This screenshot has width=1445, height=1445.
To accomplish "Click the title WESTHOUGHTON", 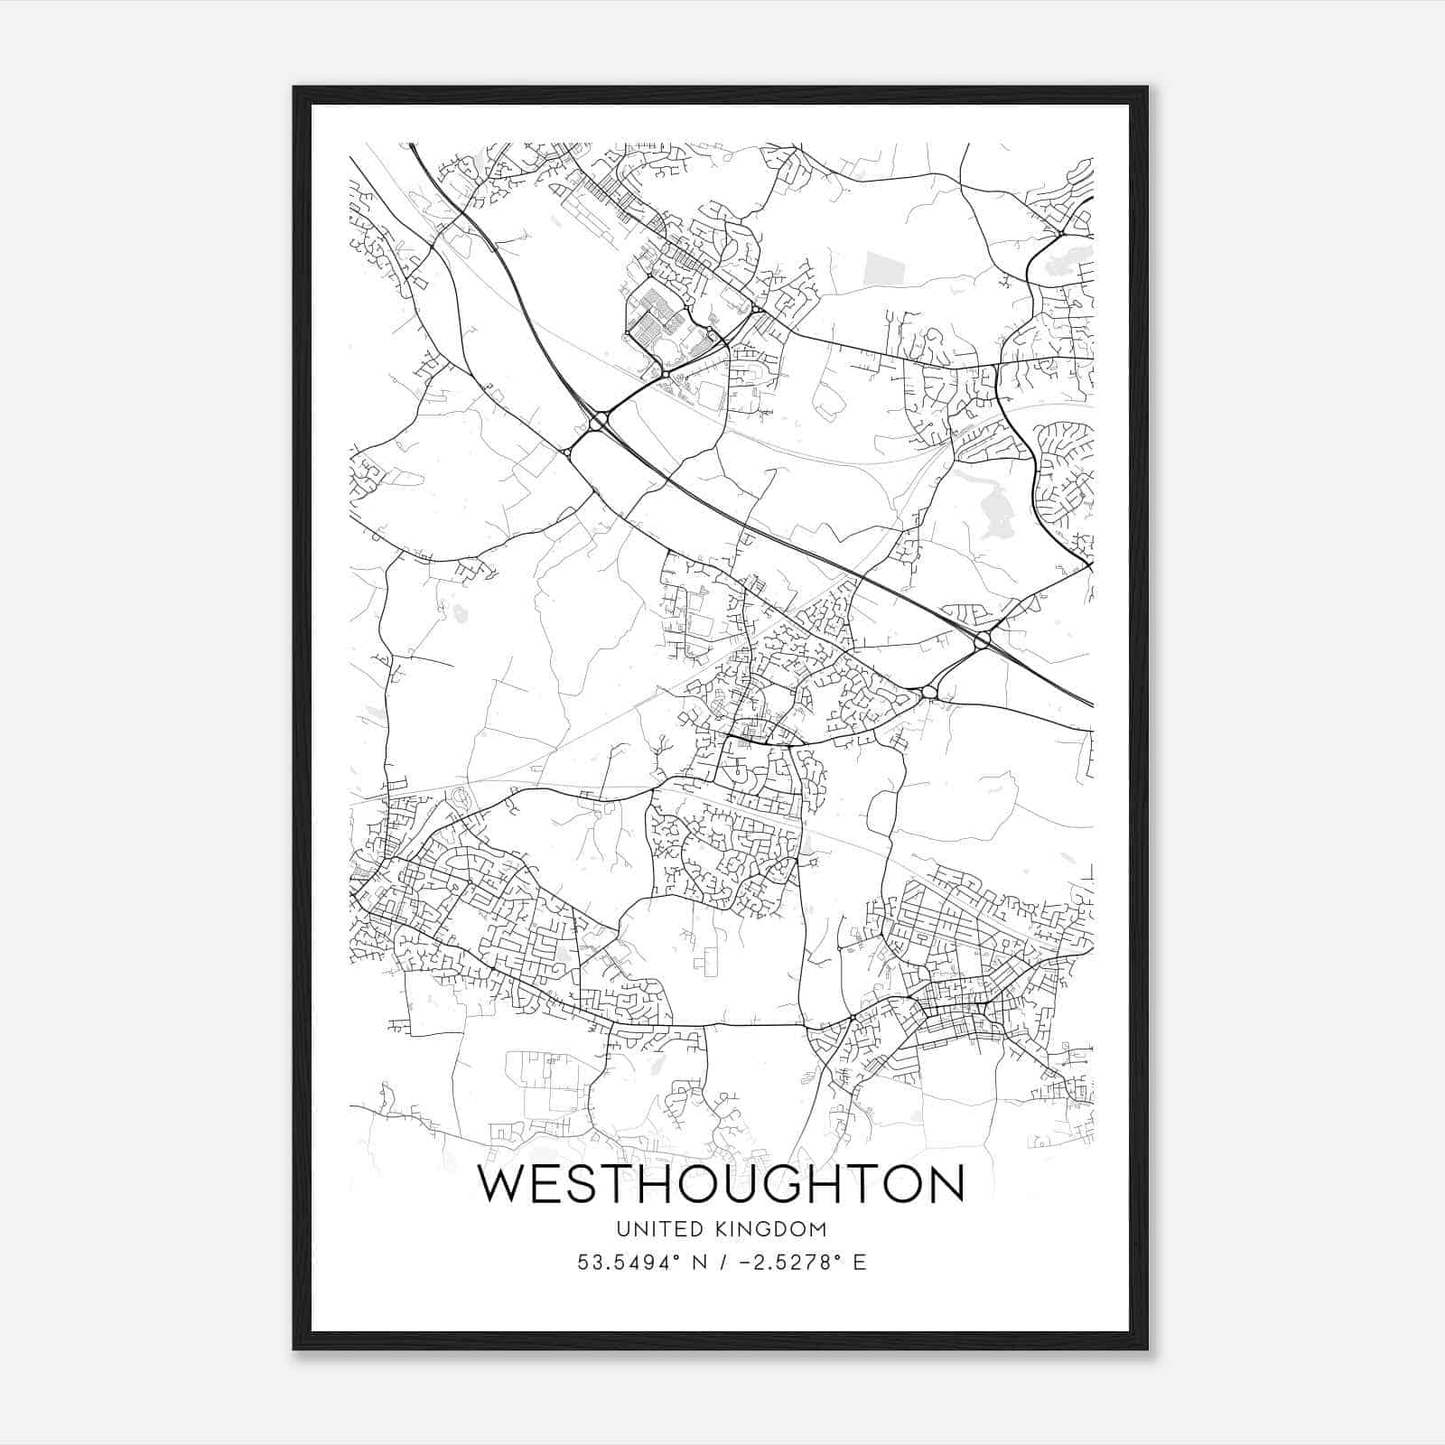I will coord(721,1184).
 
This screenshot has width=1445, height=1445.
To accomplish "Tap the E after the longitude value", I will coord(859,1263).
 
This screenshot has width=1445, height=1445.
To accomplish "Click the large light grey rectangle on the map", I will coord(877,269).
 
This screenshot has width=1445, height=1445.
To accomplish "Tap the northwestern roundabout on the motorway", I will coord(598,422).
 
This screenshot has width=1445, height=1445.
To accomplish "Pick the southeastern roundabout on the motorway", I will coord(983,639).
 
